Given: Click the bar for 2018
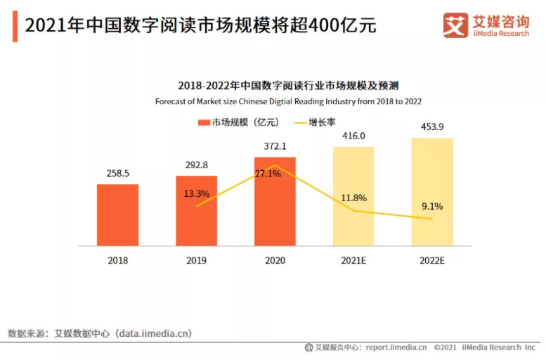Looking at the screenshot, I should click(x=117, y=215).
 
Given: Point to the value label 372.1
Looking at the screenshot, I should click(x=275, y=145).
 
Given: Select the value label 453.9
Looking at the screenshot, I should click(x=432, y=127).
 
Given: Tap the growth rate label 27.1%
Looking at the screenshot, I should click(x=268, y=173).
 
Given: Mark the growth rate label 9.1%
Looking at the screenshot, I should click(x=432, y=206).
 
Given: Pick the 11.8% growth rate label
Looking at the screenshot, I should click(x=353, y=198).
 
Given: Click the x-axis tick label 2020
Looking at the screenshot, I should click(x=275, y=260).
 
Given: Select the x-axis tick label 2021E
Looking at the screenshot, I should click(x=353, y=260).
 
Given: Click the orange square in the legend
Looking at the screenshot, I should click(x=204, y=122).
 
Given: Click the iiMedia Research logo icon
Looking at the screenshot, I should click(x=455, y=25).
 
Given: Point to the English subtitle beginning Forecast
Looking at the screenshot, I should click(x=288, y=101).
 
